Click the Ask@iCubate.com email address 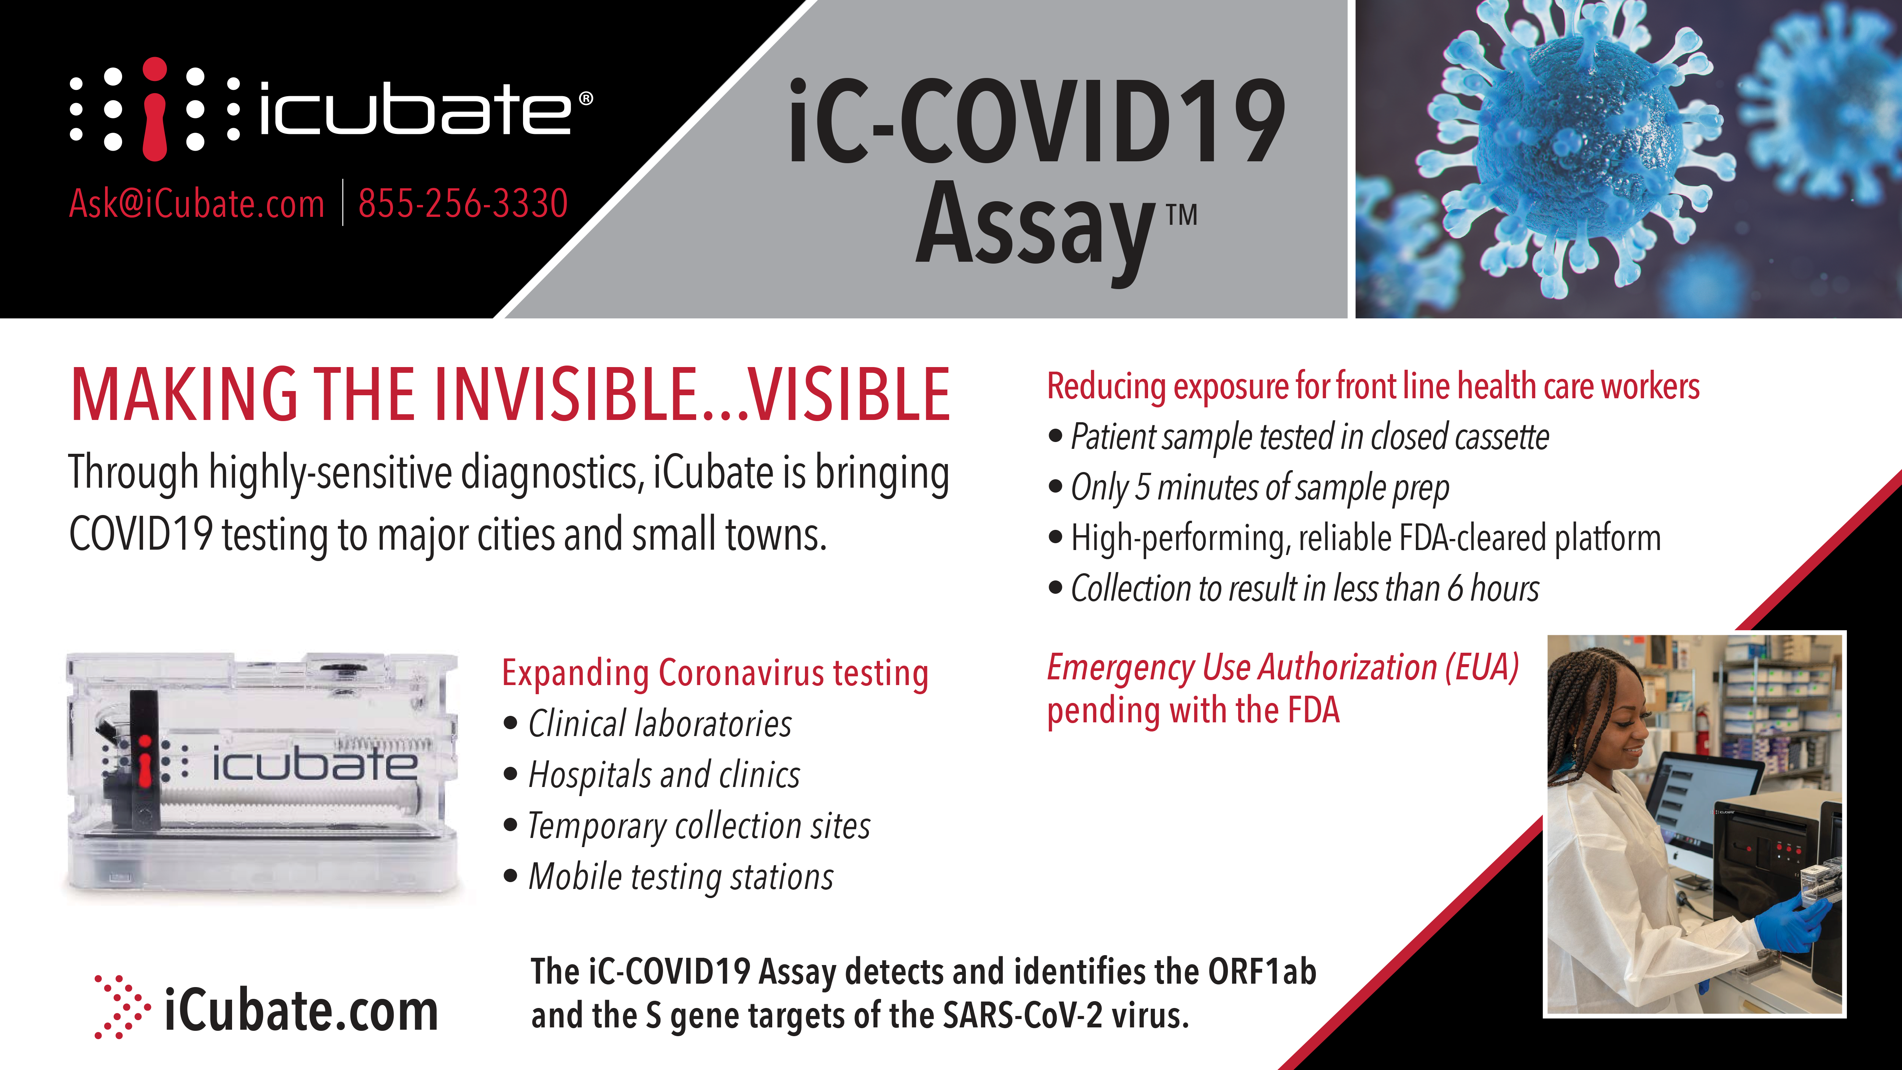pyautogui.click(x=196, y=203)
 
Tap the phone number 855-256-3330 pyautogui.click(x=463, y=203)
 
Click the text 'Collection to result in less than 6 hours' pyautogui.click(x=1305, y=588)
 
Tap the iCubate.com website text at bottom pyautogui.click(x=301, y=1010)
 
